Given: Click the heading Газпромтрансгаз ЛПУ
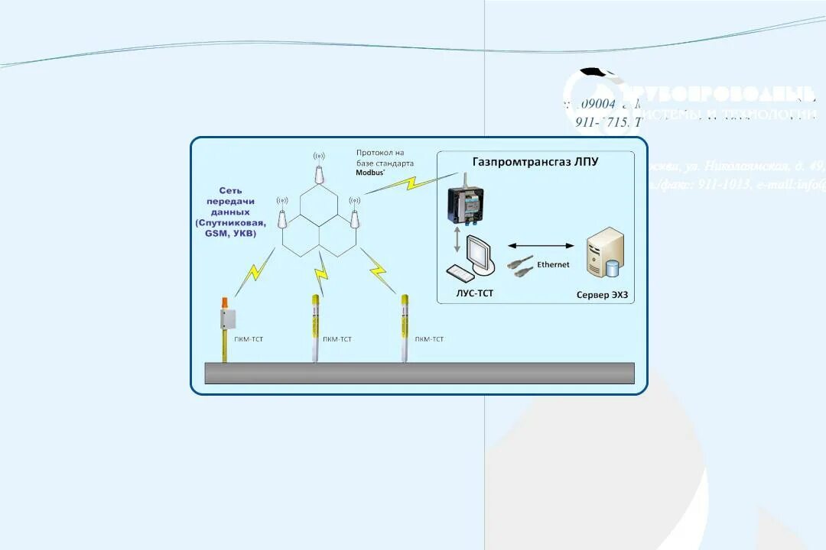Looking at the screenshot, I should (x=535, y=162).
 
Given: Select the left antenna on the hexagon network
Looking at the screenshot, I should (x=282, y=217).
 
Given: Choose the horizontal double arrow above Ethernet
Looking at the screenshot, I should (x=541, y=246).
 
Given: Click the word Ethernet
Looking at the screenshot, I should (x=553, y=265).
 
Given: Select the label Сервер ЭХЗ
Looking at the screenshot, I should (x=606, y=294).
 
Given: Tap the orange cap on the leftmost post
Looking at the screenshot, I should (x=225, y=302).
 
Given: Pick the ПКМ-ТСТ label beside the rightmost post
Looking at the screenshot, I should (x=428, y=338).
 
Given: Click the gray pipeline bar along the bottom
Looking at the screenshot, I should (x=419, y=373).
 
